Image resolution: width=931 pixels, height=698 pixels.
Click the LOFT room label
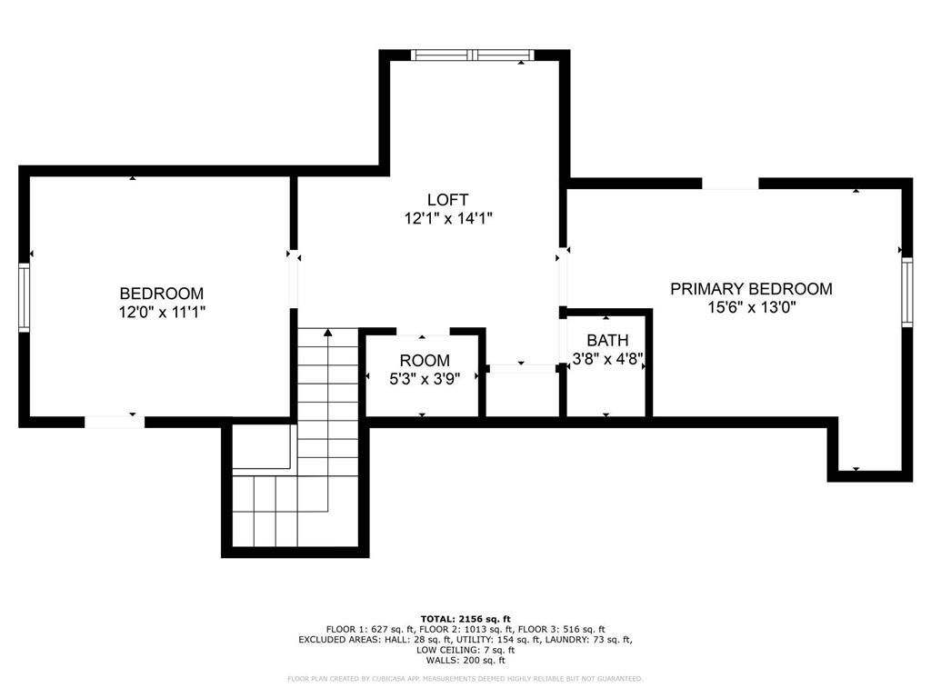447,199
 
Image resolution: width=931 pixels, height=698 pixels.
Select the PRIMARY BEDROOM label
751,289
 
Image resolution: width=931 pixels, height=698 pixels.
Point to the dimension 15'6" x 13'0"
751,307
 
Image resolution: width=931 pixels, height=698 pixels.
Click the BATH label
606,340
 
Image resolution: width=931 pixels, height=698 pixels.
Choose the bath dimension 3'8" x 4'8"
606,358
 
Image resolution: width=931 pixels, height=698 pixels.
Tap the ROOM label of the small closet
425,361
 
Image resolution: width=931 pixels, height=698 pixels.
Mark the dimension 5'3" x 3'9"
425,379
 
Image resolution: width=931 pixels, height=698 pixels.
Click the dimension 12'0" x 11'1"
162,312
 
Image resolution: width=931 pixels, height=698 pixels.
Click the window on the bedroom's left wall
25,297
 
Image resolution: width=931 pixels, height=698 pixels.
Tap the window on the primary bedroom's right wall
906,292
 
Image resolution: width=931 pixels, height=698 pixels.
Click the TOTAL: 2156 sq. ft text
465,618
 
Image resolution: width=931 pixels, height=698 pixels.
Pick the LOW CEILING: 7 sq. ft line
465,650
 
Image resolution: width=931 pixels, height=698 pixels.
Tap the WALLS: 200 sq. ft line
465,661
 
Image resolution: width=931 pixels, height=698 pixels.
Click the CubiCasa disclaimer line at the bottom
465,678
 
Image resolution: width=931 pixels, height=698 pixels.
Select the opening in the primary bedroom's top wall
729,184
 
